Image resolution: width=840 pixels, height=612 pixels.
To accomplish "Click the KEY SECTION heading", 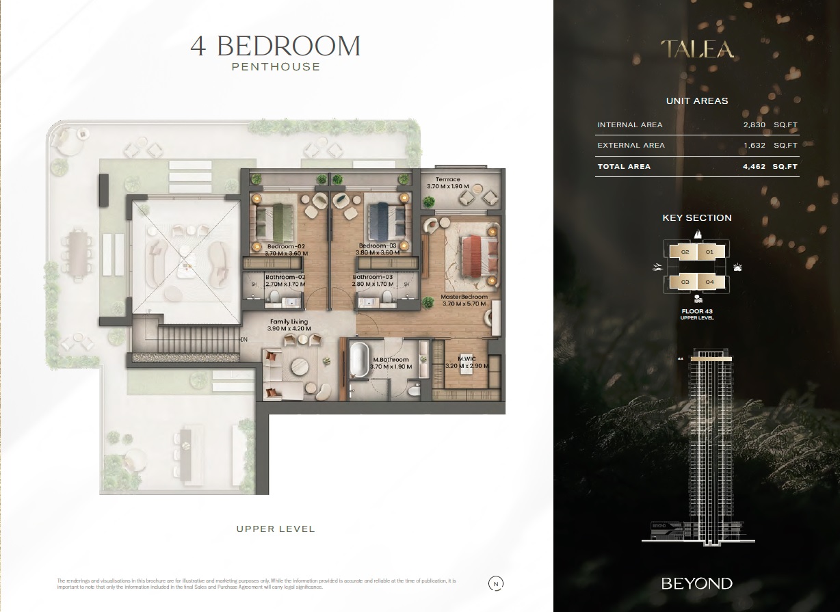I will point(697,218).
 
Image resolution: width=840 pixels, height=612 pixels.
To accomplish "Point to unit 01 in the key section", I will point(709,252).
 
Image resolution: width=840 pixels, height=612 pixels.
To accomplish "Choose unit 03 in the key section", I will point(685,282).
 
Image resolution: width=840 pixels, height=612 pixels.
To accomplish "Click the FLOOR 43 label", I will point(697,311).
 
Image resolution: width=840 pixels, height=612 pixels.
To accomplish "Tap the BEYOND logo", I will point(696,583).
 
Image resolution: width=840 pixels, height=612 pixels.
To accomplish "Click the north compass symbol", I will point(495,583).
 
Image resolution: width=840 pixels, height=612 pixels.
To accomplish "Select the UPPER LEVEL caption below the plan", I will point(276,529).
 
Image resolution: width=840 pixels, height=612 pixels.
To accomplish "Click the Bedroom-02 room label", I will point(286,246).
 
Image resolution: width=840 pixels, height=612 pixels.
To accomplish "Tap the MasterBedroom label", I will point(464,297).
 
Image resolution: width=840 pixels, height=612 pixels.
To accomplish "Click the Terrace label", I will point(443,179).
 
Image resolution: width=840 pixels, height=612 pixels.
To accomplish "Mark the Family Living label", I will point(289,321).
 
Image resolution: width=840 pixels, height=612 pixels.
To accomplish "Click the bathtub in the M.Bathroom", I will point(359,361).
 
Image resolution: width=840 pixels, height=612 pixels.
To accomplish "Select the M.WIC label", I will point(467,359).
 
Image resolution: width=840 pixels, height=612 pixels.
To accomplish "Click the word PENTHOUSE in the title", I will point(276,67).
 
